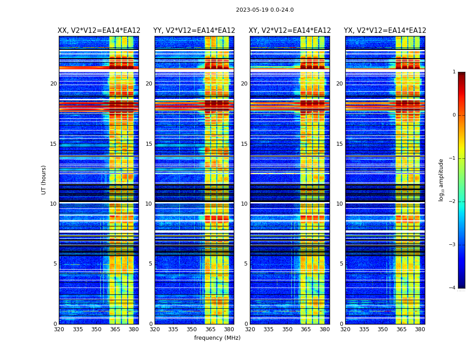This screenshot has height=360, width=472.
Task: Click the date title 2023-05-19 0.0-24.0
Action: click(x=265, y=10)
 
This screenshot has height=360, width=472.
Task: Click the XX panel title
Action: click(x=99, y=31)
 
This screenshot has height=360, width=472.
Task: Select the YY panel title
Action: click(x=194, y=31)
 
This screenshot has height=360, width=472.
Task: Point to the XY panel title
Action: click(x=290, y=31)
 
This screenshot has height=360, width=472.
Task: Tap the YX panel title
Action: click(x=385, y=31)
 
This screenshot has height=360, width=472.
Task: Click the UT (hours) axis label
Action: click(x=44, y=180)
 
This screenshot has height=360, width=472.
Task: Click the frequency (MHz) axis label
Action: click(x=217, y=338)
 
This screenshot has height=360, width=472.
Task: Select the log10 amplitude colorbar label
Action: click(x=441, y=180)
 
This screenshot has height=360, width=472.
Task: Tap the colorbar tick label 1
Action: click(x=454, y=72)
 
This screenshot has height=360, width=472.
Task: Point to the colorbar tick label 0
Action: click(x=454, y=115)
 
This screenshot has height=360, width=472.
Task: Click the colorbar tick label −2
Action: click(x=453, y=202)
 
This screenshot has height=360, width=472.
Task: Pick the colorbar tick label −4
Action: click(x=453, y=288)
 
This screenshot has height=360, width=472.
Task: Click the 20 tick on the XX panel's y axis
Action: click(x=53, y=84)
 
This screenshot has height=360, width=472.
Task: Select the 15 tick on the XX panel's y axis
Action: click(x=53, y=144)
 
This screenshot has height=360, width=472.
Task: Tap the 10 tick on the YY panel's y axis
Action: click(x=149, y=204)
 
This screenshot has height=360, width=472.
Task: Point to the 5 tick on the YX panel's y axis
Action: click(x=342, y=264)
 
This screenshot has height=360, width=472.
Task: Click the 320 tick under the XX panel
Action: click(x=59, y=329)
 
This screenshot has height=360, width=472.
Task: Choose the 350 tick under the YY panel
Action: click(x=192, y=329)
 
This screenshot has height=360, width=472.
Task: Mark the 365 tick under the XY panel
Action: click(x=306, y=329)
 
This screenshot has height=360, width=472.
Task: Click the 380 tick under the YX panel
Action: click(x=420, y=329)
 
